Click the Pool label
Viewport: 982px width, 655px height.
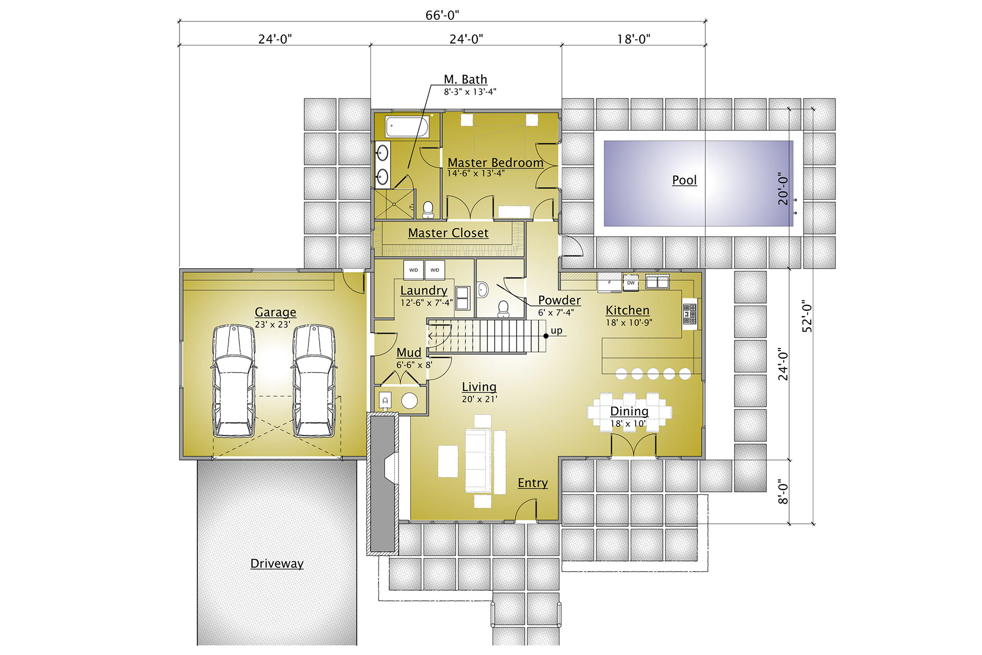tap(684, 180)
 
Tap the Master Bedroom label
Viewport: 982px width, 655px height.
tap(495, 163)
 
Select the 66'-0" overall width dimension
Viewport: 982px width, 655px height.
tap(442, 15)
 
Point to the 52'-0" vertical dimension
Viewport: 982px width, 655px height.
tap(807, 316)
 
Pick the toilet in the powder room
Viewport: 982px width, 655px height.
tap(503, 309)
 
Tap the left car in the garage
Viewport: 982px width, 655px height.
tap(234, 380)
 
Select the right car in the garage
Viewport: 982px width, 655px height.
tap(314, 380)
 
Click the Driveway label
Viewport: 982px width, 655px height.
tap(277, 563)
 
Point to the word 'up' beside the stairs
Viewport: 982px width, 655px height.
tap(556, 331)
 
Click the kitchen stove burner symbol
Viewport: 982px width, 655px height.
tap(689, 314)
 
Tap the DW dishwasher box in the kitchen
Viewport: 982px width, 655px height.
tap(631, 283)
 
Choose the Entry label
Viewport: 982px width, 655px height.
tap(532, 483)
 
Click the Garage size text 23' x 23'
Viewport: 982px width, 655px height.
tap(273, 324)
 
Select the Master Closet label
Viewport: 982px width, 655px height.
tap(448, 233)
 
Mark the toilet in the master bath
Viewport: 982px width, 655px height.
tap(428, 209)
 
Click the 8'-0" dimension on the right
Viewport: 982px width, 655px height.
tap(783, 492)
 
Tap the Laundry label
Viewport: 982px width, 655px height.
tap(423, 290)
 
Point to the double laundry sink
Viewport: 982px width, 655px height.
tap(463, 298)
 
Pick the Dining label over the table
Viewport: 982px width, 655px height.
tap(629, 411)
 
